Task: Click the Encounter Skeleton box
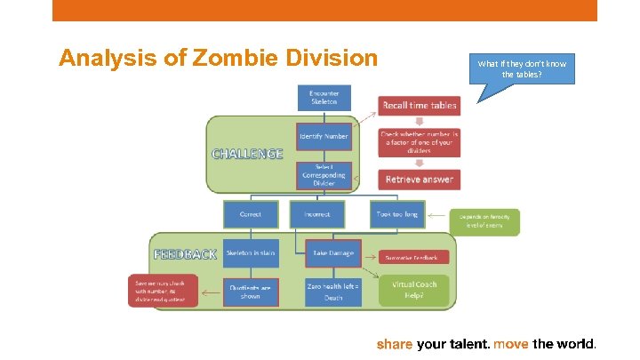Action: [x=324, y=98]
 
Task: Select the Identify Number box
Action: [x=324, y=136]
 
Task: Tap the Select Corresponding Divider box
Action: [x=324, y=175]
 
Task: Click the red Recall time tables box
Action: [x=419, y=105]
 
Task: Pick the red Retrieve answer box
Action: [x=419, y=180]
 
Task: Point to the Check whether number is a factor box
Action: [x=419, y=142]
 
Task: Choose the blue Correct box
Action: [x=251, y=214]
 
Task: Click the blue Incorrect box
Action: [x=317, y=214]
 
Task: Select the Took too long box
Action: [x=396, y=214]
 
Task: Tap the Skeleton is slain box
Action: [x=251, y=252]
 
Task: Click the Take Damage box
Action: [x=332, y=252]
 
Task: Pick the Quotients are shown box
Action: [x=251, y=292]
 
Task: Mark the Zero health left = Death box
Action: [x=332, y=292]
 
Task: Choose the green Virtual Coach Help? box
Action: [x=414, y=289]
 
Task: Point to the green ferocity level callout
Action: [x=484, y=221]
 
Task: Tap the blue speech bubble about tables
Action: [x=521, y=68]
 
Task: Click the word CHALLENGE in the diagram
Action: [x=247, y=153]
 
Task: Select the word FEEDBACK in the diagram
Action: [x=185, y=253]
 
